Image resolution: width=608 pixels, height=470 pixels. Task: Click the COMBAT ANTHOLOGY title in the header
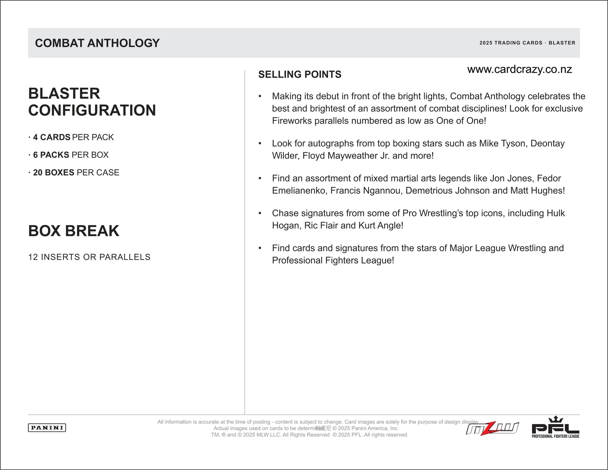click(x=97, y=43)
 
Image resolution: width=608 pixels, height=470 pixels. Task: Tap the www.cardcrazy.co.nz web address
click(x=519, y=69)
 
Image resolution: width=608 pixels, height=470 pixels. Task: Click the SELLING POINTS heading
click(x=300, y=74)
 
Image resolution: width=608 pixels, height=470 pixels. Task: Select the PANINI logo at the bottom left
click(x=47, y=428)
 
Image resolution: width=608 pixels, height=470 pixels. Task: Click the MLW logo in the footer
click(x=492, y=429)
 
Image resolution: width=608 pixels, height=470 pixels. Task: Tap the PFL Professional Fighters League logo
click(x=555, y=428)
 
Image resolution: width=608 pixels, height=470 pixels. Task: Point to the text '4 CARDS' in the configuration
click(x=52, y=137)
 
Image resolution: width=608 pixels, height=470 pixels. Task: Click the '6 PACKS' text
click(x=51, y=155)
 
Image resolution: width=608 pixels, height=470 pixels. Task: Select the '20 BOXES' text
click(x=53, y=172)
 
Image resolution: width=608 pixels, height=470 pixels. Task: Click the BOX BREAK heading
click(x=74, y=231)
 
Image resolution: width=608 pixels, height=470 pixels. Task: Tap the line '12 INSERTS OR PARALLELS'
click(x=89, y=257)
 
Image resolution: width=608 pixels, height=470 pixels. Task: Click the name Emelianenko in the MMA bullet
click(x=299, y=190)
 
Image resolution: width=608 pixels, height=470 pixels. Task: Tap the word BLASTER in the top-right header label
click(x=562, y=43)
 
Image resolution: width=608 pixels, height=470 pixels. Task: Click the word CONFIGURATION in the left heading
click(x=92, y=110)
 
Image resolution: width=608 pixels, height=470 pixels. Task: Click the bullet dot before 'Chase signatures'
click(x=260, y=213)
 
